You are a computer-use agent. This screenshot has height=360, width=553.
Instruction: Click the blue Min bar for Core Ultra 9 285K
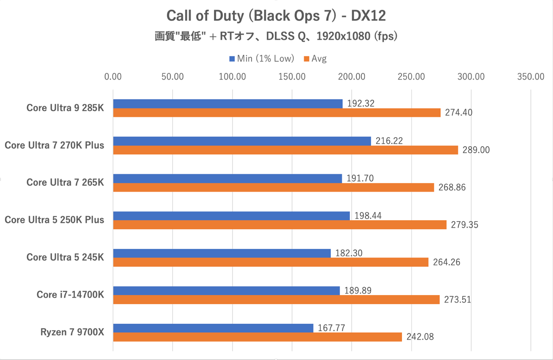227,104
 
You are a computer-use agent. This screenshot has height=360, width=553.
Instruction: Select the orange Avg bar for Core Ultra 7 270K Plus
285,150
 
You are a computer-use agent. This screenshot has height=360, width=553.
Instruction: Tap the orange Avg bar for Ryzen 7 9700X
257,337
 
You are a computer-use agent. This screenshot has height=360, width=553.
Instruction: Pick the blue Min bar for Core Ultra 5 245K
222,253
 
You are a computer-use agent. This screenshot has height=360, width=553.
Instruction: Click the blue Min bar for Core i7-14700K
226,291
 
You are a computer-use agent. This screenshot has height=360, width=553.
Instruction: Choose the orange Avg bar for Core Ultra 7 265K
273,187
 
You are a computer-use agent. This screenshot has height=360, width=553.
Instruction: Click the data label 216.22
389,141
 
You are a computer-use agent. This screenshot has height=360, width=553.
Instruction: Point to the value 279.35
464,225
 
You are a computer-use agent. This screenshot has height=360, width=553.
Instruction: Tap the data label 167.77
331,328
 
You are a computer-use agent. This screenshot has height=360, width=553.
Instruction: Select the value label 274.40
458,113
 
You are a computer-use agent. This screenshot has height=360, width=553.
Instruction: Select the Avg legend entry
315,59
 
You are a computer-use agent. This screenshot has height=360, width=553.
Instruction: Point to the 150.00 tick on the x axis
292,77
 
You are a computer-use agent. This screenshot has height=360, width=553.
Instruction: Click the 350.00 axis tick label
531,77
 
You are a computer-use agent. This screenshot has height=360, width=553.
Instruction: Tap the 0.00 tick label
113,77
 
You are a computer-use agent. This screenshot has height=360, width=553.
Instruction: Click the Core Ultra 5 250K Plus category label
54,220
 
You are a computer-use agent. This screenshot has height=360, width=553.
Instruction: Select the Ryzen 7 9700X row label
72,332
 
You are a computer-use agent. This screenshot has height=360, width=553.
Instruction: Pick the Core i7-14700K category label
70,295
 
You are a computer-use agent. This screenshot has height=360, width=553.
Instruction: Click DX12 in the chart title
368,16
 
